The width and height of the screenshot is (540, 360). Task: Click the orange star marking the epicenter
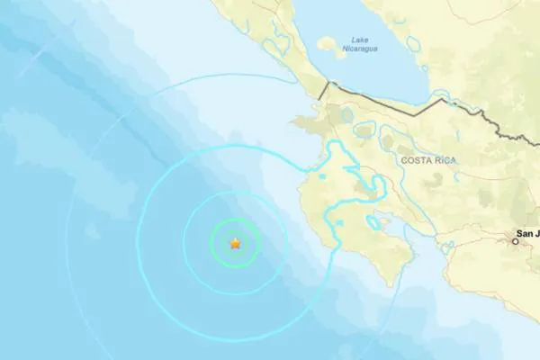(236, 243)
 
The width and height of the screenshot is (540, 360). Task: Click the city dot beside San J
(516, 241)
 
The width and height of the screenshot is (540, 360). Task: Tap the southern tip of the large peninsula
(390, 285)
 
